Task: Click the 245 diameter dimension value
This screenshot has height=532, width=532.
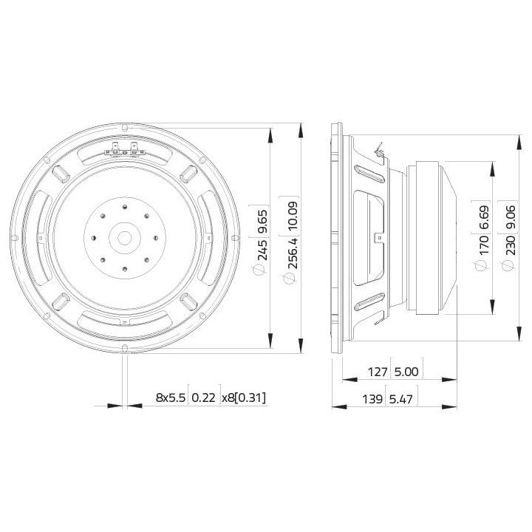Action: (x=263, y=250)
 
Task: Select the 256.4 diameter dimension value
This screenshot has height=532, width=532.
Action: (x=293, y=253)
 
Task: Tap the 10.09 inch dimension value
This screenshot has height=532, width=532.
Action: (x=293, y=216)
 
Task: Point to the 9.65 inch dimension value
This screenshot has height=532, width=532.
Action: (x=263, y=221)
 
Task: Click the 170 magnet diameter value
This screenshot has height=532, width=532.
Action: (x=485, y=245)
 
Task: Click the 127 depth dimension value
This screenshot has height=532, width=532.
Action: (x=378, y=372)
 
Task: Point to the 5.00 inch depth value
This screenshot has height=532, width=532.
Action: (x=407, y=372)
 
